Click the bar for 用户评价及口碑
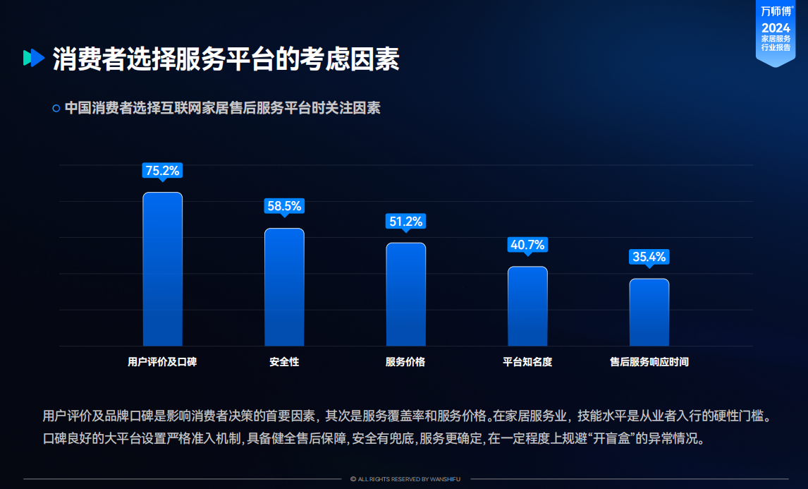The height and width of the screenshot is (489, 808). (163, 269)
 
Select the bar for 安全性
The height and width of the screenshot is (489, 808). (284, 286)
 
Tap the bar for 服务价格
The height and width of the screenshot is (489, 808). (405, 294)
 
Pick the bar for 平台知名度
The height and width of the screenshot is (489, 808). (527, 306)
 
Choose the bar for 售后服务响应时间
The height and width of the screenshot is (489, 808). (649, 312)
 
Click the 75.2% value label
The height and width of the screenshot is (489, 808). (163, 170)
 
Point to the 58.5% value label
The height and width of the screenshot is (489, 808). (284, 206)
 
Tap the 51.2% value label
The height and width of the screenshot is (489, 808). (405, 222)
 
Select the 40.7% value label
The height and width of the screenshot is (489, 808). (527, 245)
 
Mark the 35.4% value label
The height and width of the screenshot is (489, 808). (649, 257)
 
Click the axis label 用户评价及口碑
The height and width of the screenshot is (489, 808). (162, 362)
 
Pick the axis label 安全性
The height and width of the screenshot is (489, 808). (284, 362)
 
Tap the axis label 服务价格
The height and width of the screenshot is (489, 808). (405, 362)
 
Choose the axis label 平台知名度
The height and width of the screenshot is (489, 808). (527, 362)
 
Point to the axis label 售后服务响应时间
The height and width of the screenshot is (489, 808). (649, 362)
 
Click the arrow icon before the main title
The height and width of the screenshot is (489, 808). (33, 59)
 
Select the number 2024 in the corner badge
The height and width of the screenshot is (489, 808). (776, 28)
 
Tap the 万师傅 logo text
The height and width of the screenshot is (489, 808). (776, 11)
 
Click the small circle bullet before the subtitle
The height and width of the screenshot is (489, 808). (56, 109)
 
